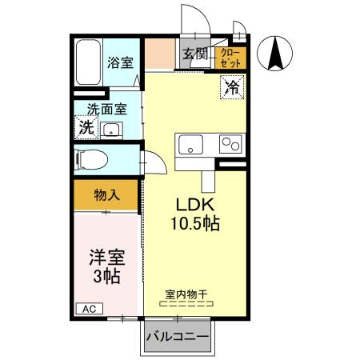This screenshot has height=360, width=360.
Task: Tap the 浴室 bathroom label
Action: [120, 62]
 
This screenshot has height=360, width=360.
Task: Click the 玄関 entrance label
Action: [194, 54]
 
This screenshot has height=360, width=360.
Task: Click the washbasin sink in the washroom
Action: [112, 130]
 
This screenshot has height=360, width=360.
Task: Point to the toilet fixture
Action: [92, 158]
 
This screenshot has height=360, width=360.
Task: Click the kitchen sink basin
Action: [190, 146]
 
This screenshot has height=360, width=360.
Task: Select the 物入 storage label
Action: [106, 194]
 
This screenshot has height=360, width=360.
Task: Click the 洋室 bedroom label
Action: [105, 258]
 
